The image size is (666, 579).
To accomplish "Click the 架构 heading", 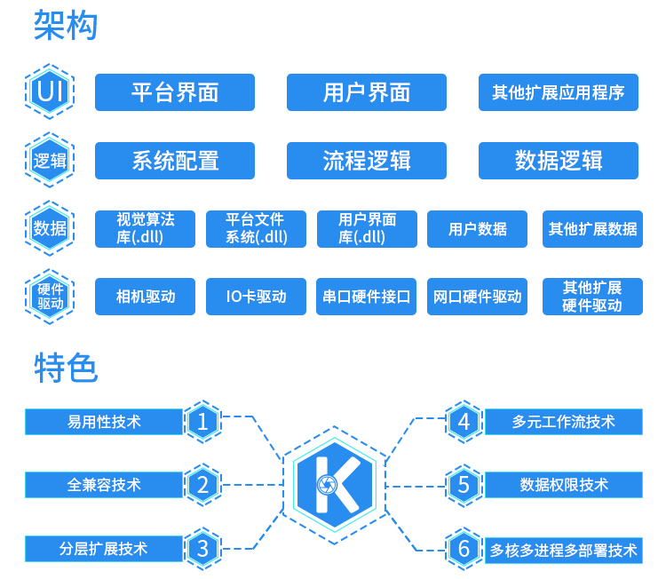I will (x=66, y=26).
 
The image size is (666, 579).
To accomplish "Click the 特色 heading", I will (x=66, y=367).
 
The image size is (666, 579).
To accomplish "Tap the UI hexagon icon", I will (x=50, y=91).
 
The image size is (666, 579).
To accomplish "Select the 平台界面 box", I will (x=175, y=92).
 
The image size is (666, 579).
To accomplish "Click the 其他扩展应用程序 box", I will (x=558, y=92).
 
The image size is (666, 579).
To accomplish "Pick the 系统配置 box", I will (x=175, y=161).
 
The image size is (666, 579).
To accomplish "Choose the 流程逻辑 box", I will (x=366, y=161).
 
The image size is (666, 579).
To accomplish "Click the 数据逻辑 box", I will (x=558, y=161).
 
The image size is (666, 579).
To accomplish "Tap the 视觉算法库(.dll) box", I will (x=145, y=229).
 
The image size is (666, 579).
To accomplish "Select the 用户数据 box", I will (x=478, y=229).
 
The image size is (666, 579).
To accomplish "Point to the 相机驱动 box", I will (x=145, y=297).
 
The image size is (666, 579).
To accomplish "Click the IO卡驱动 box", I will (x=256, y=297).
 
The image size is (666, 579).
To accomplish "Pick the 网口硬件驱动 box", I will (x=478, y=297).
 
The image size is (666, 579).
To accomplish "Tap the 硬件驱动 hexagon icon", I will (x=50, y=297).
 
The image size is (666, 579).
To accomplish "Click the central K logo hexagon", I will (x=334, y=485).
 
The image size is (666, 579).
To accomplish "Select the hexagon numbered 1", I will (x=203, y=422).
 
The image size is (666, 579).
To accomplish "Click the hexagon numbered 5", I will (x=464, y=485).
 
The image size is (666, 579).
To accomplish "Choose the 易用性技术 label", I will (x=104, y=422).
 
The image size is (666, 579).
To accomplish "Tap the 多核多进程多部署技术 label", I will (x=563, y=550).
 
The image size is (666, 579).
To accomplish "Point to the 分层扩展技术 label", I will (x=104, y=549).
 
